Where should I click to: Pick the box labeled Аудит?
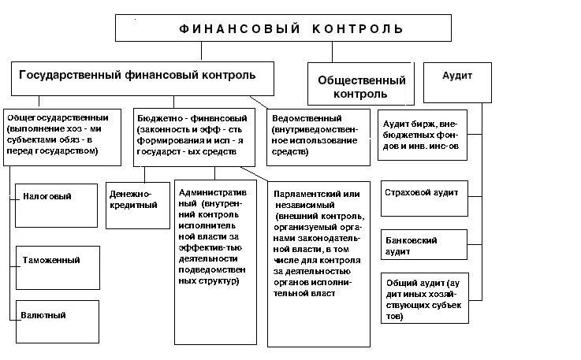click(x=458, y=76)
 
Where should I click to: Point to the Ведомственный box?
click(x=318, y=139)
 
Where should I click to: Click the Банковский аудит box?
click(x=423, y=245)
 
